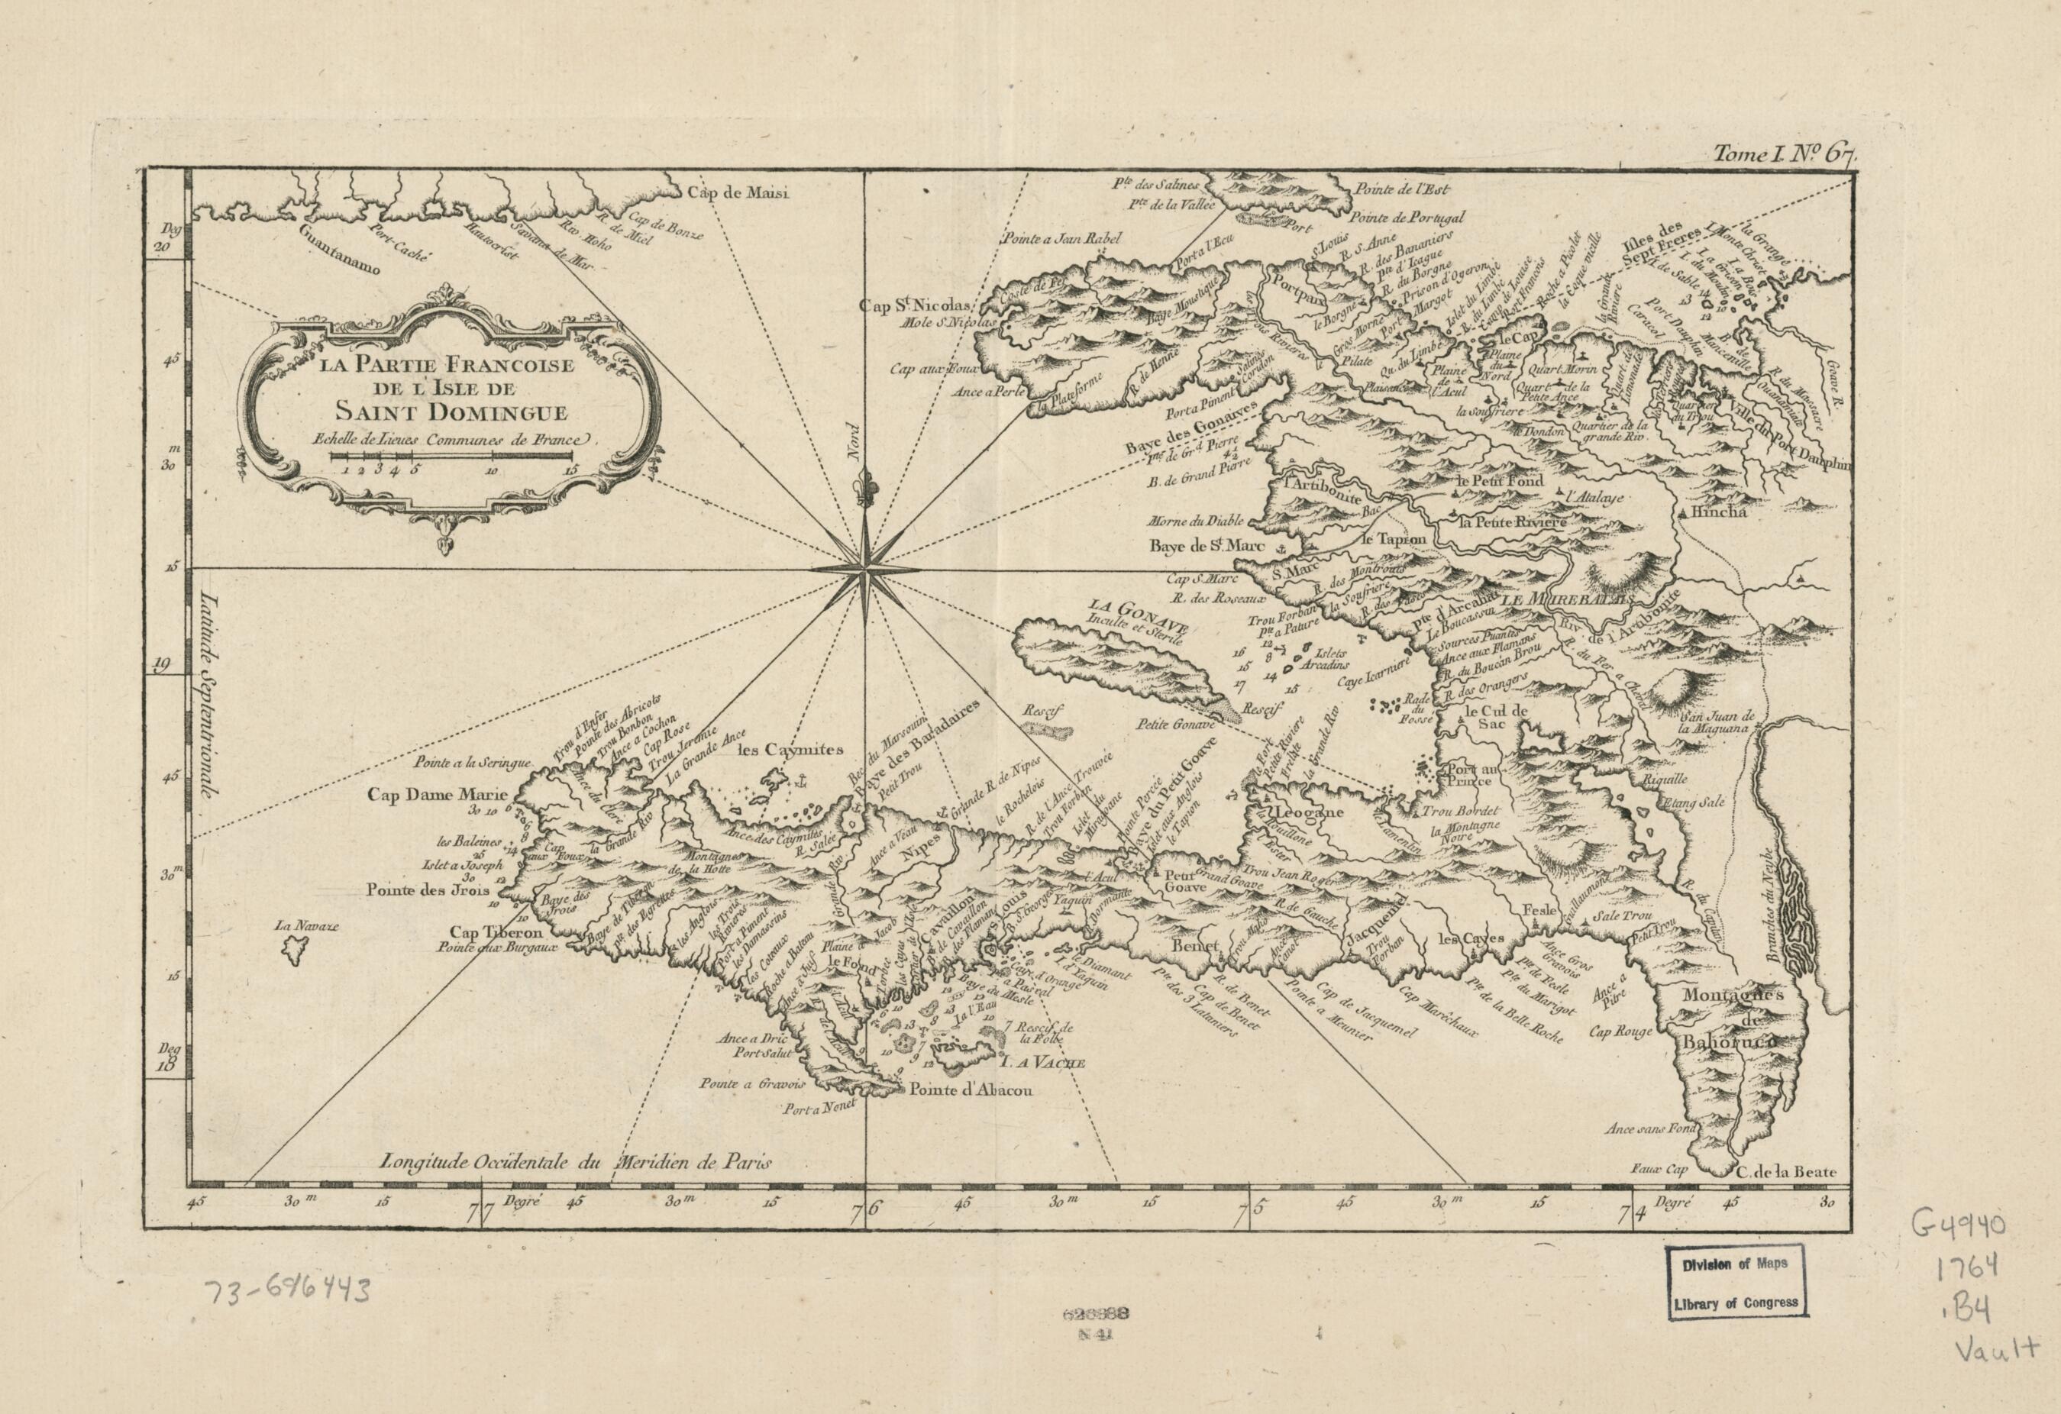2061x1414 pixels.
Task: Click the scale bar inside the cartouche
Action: point(453,457)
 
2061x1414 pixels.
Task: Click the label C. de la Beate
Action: point(1785,1172)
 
